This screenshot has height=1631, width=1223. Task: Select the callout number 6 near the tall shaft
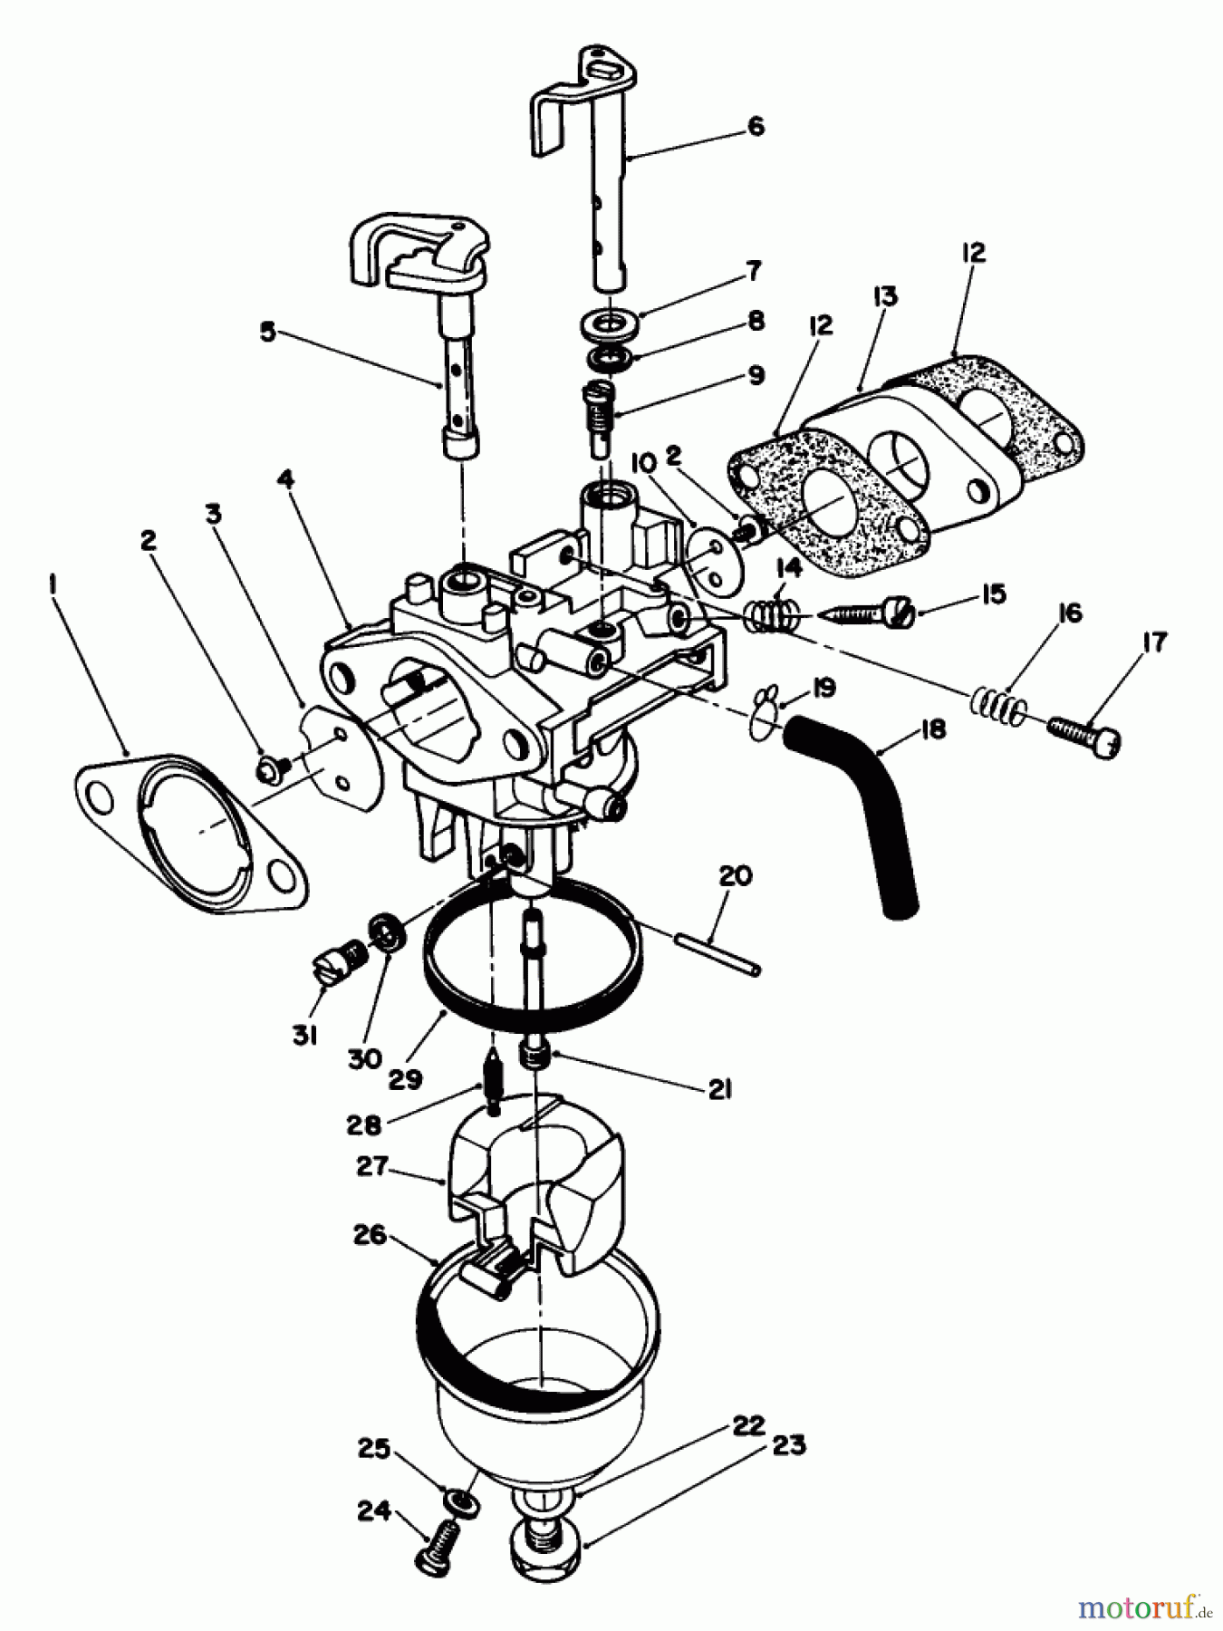(x=756, y=126)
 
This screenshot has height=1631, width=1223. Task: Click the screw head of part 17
(x=1107, y=743)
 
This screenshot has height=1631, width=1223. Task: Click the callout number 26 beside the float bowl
(x=371, y=1235)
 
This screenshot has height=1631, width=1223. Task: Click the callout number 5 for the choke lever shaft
(x=267, y=332)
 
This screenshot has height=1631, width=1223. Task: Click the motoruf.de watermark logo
(x=1142, y=1608)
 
